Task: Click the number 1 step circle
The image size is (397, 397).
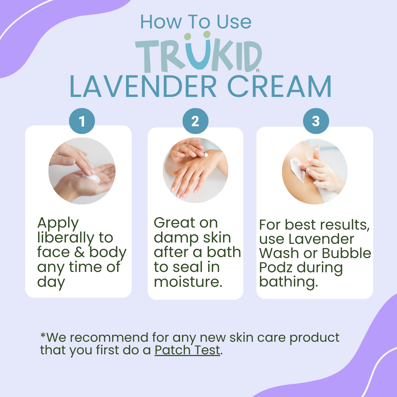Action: coord(82,121)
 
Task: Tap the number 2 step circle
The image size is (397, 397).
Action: coord(195,121)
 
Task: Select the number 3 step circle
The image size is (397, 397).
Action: coord(316,121)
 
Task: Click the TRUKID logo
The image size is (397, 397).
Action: coord(198,53)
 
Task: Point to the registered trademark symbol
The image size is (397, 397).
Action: coord(257,71)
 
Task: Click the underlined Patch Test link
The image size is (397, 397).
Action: coord(187,350)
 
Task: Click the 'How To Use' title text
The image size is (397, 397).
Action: coord(196,22)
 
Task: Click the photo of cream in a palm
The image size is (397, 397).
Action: coord(82,171)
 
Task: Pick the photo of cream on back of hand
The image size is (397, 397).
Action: coord(195,170)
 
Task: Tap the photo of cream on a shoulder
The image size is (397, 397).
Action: coord(315,172)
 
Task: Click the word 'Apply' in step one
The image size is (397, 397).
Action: coord(58,223)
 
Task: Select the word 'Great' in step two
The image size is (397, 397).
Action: coord(175,223)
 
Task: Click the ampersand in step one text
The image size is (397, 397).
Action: coord(79,252)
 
